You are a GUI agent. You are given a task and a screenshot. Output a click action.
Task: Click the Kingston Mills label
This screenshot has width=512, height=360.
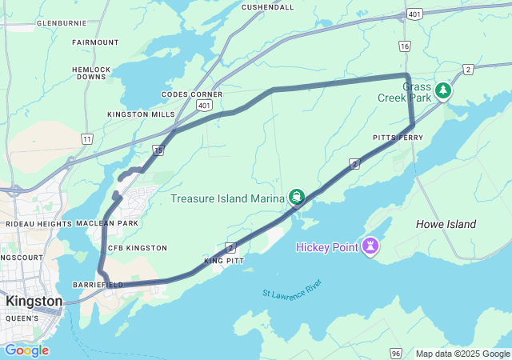(141, 114)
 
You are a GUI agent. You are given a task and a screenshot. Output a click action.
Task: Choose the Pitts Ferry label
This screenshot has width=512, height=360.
(398, 138)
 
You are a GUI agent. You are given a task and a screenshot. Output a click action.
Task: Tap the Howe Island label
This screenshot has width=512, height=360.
(446, 224)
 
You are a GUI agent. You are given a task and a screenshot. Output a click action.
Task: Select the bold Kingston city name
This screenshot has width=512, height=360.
(34, 301)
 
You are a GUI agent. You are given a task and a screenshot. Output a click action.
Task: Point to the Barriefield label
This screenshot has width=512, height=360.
(98, 284)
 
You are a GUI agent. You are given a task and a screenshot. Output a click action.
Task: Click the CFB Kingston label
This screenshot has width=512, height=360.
(137, 248)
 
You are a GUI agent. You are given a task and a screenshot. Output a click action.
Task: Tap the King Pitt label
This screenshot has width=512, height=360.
(223, 261)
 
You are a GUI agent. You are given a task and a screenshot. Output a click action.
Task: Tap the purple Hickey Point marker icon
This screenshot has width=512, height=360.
(370, 247)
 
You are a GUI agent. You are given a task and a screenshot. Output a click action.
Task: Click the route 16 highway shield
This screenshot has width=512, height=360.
(405, 47)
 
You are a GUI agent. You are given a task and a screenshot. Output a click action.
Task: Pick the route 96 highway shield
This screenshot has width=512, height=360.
(395, 351)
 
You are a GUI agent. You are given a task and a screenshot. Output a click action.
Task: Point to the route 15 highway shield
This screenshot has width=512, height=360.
(159, 150)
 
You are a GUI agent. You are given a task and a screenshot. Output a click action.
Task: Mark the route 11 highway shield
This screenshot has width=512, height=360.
(86, 138)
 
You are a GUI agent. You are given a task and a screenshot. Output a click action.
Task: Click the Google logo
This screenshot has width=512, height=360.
(26, 350)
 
